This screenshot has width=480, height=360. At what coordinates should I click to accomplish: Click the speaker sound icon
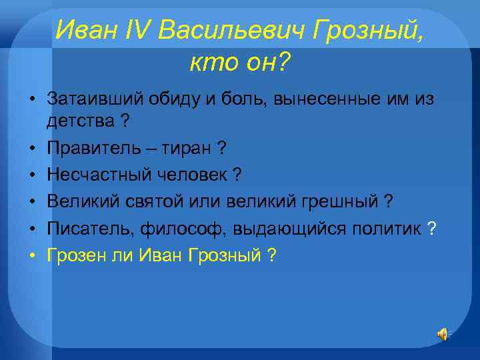pyautogui.click(x=443, y=335)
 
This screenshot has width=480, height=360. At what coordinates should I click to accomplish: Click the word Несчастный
pyautogui.click(x=93, y=175)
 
